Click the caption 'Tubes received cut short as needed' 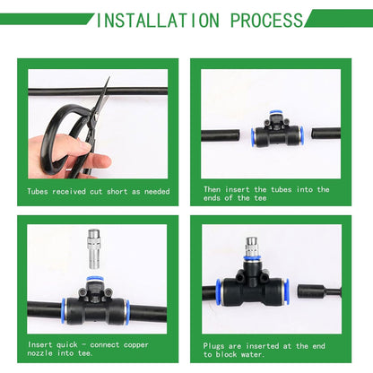(x=98, y=191)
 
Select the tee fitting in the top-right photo (x=276, y=133)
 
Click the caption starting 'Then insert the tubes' (x=266, y=194)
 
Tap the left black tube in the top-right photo (x=225, y=135)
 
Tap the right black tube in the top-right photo (x=324, y=134)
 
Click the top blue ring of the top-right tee (x=276, y=117)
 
